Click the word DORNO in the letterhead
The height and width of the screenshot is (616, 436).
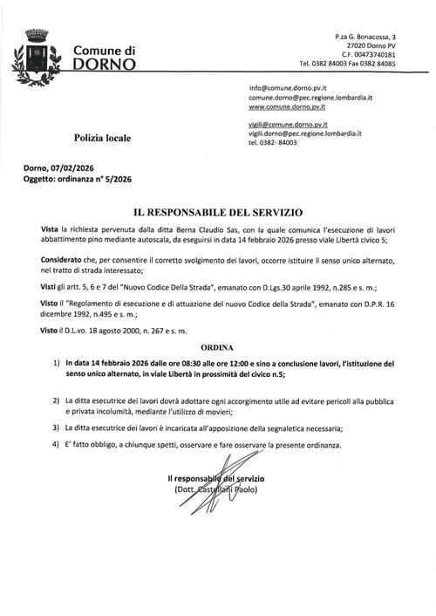[105, 65]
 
